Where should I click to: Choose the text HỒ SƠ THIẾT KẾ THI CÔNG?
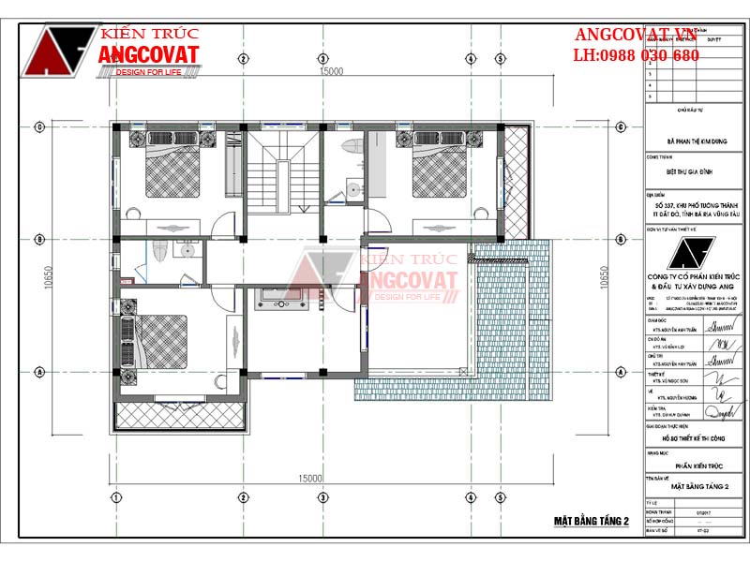[x=695, y=437]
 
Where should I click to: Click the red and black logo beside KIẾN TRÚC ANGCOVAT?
[x=58, y=52]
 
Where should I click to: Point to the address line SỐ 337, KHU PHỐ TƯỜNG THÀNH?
[x=698, y=205]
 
